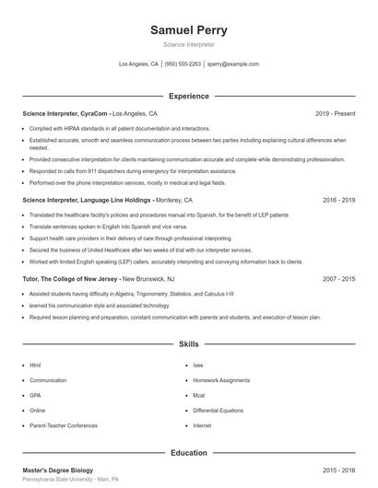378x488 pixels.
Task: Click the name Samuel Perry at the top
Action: click(x=188, y=29)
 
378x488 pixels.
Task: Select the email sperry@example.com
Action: click(x=232, y=64)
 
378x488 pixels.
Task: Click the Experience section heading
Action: click(x=188, y=96)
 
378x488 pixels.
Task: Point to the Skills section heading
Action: click(x=188, y=343)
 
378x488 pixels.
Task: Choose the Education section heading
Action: click(x=188, y=453)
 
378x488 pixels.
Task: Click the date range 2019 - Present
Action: click(x=335, y=113)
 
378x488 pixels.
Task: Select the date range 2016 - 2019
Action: click(x=338, y=200)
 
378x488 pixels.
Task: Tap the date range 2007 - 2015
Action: click(x=338, y=278)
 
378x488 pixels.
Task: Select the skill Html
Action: click(x=35, y=366)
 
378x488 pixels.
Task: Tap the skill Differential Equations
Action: click(x=219, y=411)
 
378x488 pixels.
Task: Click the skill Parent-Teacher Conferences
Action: click(x=63, y=426)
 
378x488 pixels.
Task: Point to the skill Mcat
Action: click(x=199, y=396)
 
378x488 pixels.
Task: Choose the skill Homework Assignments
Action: click(x=221, y=380)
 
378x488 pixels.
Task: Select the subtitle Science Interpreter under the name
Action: click(x=188, y=44)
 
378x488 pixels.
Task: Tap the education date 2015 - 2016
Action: click(x=338, y=470)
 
